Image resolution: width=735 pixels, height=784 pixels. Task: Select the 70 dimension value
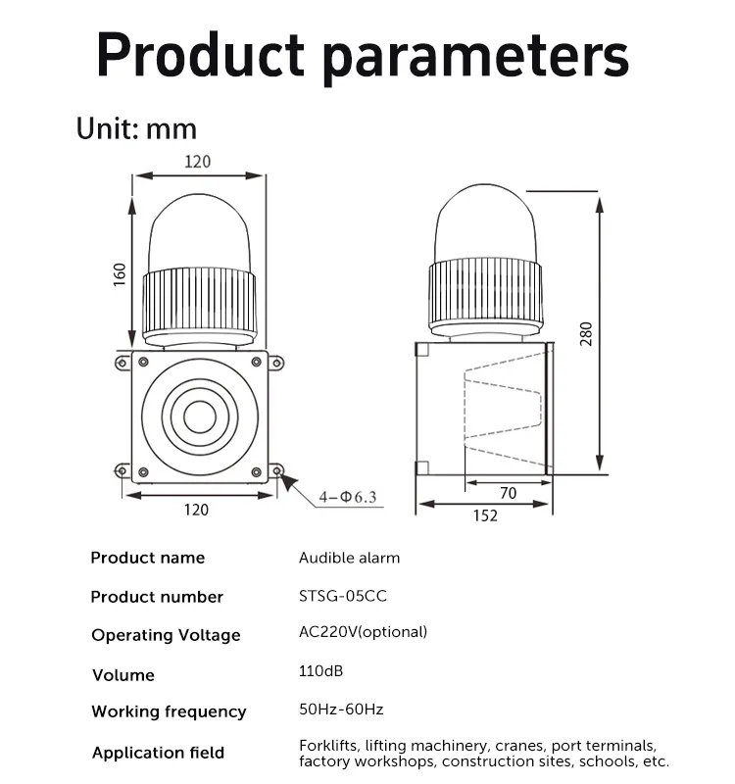pyautogui.click(x=507, y=494)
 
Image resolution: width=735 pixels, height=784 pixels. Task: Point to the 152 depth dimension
pyautogui.click(x=484, y=516)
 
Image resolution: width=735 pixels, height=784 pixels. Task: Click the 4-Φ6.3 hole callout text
pyautogui.click(x=347, y=497)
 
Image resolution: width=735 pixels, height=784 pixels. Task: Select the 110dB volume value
pyautogui.click(x=320, y=671)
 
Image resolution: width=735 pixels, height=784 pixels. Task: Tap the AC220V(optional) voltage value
pyautogui.click(x=363, y=632)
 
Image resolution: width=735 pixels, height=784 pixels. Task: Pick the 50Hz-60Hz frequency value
pyautogui.click(x=340, y=709)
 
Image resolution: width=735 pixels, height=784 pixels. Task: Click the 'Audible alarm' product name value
pyautogui.click(x=349, y=558)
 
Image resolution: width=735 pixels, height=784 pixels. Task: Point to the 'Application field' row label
pyautogui.click(x=158, y=753)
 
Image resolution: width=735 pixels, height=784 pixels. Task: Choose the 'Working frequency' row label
pyautogui.click(x=169, y=711)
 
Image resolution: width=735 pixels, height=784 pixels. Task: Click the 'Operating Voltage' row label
pyautogui.click(x=166, y=635)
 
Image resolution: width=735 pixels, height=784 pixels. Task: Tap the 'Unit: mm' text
pyautogui.click(x=136, y=128)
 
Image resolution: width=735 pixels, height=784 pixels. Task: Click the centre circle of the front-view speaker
pyautogui.click(x=199, y=416)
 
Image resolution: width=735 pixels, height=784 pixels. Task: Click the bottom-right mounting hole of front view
pyautogui.click(x=278, y=472)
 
